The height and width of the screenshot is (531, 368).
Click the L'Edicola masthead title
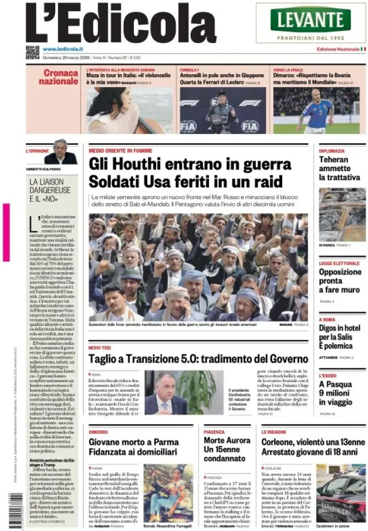point(120,23)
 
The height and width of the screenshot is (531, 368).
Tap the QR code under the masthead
point(32,52)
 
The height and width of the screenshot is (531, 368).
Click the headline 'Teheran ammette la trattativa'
point(340,168)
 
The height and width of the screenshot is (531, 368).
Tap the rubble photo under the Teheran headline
point(342,214)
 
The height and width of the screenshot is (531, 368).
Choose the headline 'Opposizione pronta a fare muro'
point(340,281)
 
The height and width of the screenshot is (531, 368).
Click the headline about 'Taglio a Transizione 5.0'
point(198,358)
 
